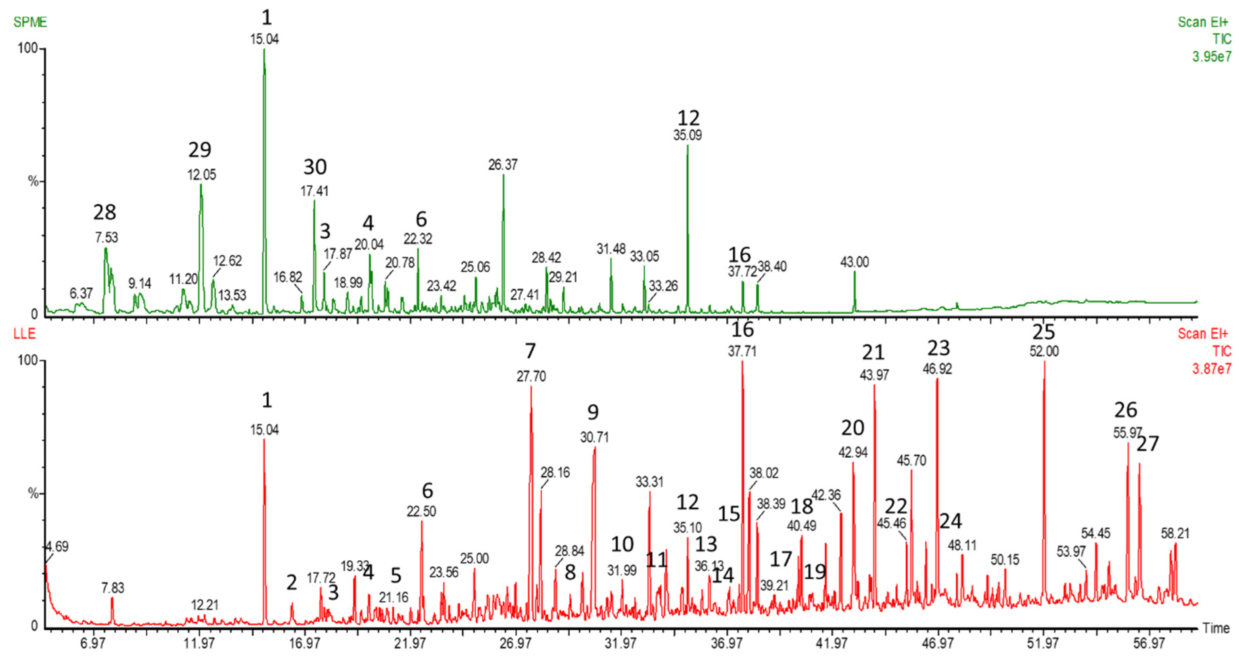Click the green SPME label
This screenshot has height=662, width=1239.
click(30, 22)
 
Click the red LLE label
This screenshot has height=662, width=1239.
click(24, 334)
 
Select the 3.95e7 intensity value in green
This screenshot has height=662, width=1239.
click(1211, 57)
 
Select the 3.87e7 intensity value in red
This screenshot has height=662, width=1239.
click(1211, 369)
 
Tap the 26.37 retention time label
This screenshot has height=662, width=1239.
click(502, 165)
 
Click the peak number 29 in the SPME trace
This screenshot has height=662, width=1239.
click(200, 150)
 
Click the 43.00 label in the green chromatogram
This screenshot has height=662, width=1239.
click(854, 262)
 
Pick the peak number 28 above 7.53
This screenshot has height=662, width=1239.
click(104, 212)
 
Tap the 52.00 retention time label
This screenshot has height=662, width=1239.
click(1044, 352)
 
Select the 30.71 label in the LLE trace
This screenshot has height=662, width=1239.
click(594, 438)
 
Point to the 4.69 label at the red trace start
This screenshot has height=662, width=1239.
click(57, 547)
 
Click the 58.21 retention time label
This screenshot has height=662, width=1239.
click(1175, 533)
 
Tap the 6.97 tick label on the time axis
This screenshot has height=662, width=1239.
click(93, 643)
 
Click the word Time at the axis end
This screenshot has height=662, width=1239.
click(1216, 628)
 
